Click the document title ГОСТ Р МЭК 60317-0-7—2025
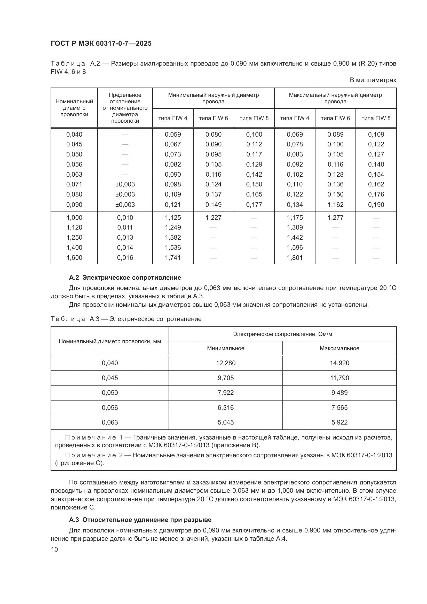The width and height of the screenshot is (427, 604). [101, 44]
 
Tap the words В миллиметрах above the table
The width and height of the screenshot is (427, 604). [373, 80]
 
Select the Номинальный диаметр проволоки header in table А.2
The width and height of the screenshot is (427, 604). [74, 108]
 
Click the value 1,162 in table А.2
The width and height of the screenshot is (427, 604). [335, 205]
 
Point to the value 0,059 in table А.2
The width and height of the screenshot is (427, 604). [173, 135]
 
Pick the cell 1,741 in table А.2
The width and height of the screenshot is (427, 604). [173, 257]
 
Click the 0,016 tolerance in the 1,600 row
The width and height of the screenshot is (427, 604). [125, 257]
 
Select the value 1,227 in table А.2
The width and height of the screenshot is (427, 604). [213, 217]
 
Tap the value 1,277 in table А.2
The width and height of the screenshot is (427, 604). [335, 217]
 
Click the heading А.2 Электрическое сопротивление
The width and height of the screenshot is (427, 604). [125, 278]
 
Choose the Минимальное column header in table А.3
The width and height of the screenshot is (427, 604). [225, 348]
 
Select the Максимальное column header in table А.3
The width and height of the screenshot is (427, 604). [339, 348]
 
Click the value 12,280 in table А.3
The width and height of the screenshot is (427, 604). [225, 363]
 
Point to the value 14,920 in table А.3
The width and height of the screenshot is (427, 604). [339, 363]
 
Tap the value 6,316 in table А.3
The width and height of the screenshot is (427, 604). [225, 407]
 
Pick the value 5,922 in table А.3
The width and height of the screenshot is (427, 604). [339, 422]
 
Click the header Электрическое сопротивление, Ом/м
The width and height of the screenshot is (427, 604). [282, 334]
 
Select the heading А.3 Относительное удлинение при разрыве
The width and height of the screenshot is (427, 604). [140, 520]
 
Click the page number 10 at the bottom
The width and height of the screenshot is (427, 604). [54, 549]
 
